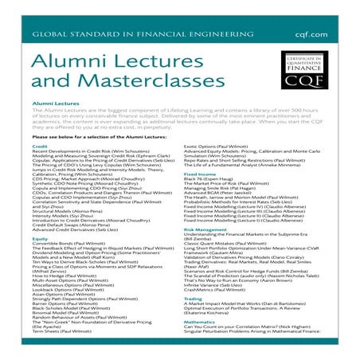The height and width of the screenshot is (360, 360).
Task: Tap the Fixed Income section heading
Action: click(200, 194)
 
